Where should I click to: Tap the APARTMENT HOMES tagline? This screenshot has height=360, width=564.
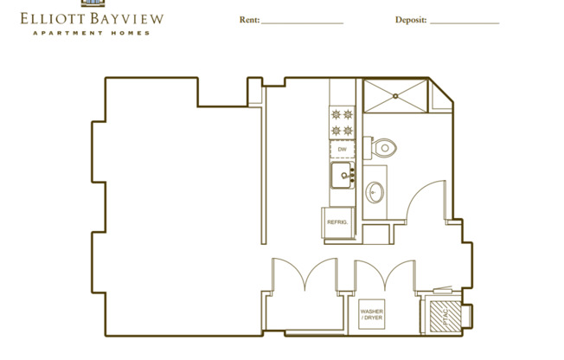(x=91, y=33)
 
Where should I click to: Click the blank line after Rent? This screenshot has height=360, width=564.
(x=302, y=20)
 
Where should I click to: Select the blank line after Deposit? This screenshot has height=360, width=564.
(x=464, y=20)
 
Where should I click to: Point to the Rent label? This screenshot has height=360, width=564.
(x=248, y=19)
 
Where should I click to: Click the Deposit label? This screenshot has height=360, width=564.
(x=410, y=19)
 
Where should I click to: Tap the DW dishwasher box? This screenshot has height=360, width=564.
(x=342, y=149)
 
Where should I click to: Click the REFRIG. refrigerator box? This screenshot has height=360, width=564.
(x=336, y=222)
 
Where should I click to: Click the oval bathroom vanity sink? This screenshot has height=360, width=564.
(x=375, y=191)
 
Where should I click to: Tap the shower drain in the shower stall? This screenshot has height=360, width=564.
(x=397, y=96)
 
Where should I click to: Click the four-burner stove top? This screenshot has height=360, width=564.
(x=342, y=121)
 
